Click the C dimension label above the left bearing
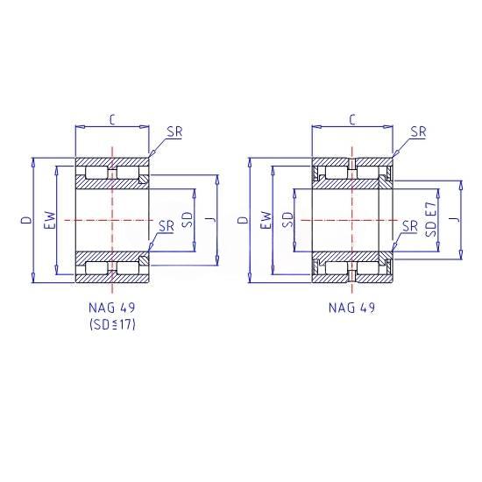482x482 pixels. [x=112, y=119]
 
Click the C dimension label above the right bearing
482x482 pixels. [x=352, y=119]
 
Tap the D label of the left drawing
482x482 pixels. [x=26, y=219]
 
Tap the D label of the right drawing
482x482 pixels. [x=244, y=219]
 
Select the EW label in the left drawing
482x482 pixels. [x=51, y=220]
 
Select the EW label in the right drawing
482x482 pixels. [x=266, y=220]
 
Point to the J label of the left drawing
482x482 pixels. [x=210, y=219]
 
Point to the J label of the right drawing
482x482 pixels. [x=456, y=219]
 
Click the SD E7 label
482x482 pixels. [x=431, y=219]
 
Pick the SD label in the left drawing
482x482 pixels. [x=188, y=219]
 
